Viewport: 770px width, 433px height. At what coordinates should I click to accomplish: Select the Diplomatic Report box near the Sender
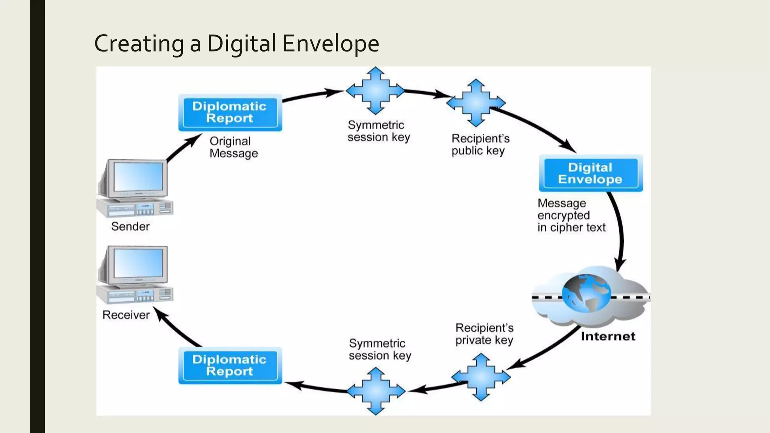point(230,112)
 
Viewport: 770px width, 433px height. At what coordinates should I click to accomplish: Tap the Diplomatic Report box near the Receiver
point(230,366)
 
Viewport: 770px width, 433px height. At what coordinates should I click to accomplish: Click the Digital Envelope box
point(590,173)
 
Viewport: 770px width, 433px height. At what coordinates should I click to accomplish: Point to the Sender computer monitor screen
point(138,177)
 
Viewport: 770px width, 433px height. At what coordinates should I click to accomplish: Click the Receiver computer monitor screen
point(138,263)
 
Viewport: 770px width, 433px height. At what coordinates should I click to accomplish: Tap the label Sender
point(130,227)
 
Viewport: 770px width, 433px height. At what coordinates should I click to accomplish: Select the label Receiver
point(126,315)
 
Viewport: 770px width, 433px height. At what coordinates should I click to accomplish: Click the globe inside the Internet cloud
point(586,293)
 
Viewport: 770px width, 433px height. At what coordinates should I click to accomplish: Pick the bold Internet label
point(608,336)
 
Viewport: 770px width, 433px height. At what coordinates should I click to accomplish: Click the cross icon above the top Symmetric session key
point(375,91)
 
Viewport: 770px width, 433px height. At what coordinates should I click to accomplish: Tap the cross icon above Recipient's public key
point(476,102)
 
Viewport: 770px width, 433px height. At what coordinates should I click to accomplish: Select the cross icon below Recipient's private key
point(481,377)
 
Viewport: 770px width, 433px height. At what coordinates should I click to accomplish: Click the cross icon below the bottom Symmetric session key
point(376,391)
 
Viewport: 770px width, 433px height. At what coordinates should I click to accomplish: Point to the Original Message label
point(233,147)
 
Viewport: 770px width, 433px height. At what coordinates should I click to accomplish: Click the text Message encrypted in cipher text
point(571,215)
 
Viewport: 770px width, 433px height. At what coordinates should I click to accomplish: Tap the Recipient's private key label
point(484,334)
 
